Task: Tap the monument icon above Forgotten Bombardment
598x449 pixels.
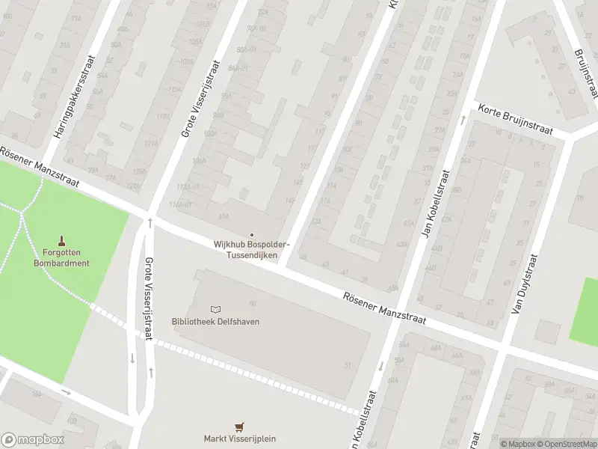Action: tap(61, 242)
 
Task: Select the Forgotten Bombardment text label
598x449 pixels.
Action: tap(61, 257)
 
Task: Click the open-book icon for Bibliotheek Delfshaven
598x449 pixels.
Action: tap(215, 309)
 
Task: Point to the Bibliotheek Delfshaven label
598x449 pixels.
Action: tap(210, 322)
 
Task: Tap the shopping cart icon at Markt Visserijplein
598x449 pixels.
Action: tap(239, 427)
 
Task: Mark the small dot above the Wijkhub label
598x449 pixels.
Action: tap(251, 234)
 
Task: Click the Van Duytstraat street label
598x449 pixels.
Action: tap(525, 284)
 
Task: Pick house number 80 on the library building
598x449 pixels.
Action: tap(253, 303)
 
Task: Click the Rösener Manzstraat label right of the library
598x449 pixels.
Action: tap(384, 308)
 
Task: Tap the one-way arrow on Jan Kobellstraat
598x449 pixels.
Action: tap(380, 366)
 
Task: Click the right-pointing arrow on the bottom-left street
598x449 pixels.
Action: tap(66, 391)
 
